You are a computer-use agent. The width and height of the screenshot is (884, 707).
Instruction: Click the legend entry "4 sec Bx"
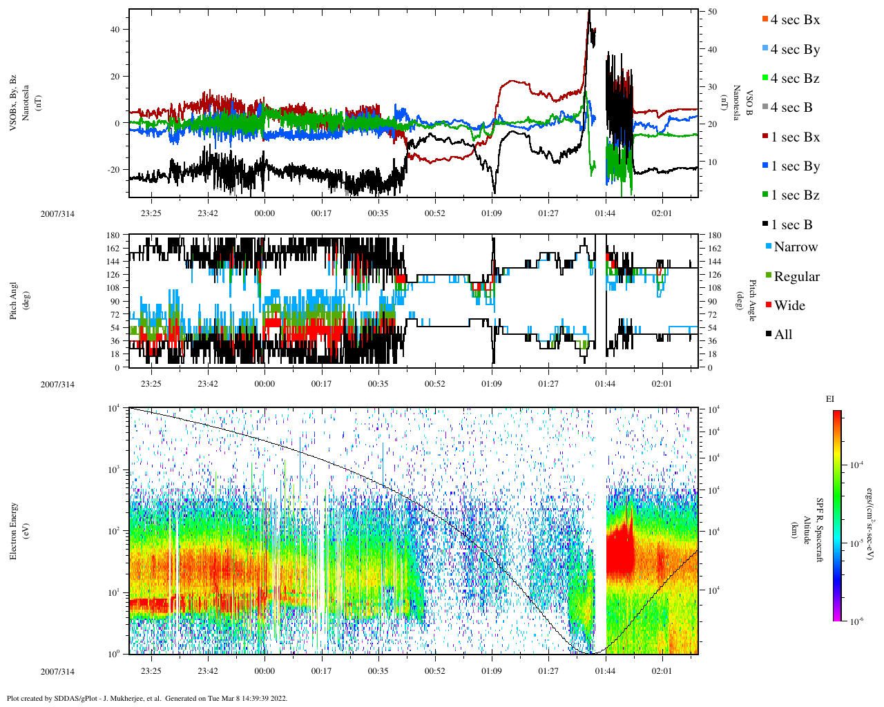795,20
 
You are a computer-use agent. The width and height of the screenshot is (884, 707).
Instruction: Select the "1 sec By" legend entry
795,166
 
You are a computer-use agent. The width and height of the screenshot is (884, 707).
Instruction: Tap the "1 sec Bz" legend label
795,195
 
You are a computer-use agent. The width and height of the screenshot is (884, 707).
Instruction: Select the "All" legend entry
783,335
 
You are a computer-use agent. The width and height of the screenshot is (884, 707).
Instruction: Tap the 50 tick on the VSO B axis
712,12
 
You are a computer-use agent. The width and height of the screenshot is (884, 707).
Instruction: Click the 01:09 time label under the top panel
491,213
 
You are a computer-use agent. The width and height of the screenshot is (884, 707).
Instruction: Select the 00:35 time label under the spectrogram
378,671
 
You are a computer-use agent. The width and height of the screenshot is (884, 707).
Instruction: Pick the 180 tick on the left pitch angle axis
113,235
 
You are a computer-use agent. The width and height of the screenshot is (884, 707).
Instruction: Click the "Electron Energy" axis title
13,531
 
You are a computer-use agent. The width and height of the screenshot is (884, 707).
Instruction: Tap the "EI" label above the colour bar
830,398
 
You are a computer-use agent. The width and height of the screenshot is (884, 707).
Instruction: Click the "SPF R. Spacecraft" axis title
820,530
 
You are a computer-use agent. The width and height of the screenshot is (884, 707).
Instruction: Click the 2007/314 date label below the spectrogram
57,671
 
